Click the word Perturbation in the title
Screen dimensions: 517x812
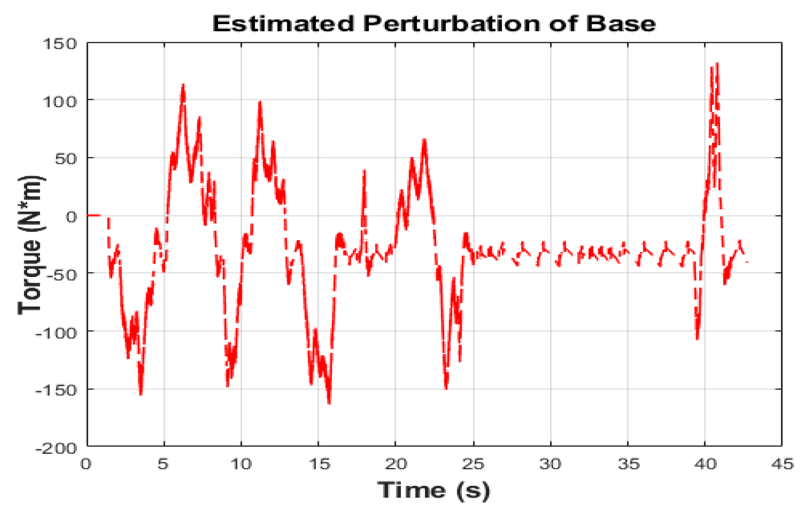click(451, 23)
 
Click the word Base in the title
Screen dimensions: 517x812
click(620, 23)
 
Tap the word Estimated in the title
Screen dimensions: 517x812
click(283, 23)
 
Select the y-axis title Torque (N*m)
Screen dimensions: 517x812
click(30, 245)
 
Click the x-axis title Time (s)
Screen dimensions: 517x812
click(433, 490)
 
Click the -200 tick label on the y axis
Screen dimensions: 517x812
click(57, 448)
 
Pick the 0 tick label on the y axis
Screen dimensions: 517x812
click(71, 217)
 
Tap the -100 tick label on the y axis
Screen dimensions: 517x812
click(57, 333)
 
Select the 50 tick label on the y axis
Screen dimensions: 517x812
click(65, 159)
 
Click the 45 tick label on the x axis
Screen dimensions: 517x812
click(782, 464)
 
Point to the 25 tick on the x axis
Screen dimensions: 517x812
click(473, 464)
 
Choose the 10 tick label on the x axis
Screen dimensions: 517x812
click(241, 464)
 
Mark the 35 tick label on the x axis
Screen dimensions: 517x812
click(628, 464)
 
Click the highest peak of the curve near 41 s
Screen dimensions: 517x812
click(717, 64)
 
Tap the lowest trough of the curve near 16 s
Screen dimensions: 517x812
click(329, 403)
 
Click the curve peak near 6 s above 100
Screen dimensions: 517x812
click(183, 84)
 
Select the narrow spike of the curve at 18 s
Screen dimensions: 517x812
click(364, 171)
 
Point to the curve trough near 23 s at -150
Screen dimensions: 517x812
click(446, 388)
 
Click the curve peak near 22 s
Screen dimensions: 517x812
click(424, 139)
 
